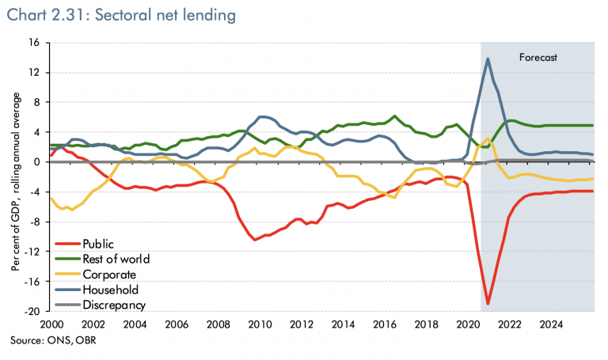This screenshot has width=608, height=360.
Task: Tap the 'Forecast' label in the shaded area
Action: click(x=538, y=57)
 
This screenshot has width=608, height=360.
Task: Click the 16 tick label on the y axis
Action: click(x=35, y=43)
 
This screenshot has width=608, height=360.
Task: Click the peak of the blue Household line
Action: click(x=488, y=59)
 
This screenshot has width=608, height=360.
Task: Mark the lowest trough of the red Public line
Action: click(x=488, y=303)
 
